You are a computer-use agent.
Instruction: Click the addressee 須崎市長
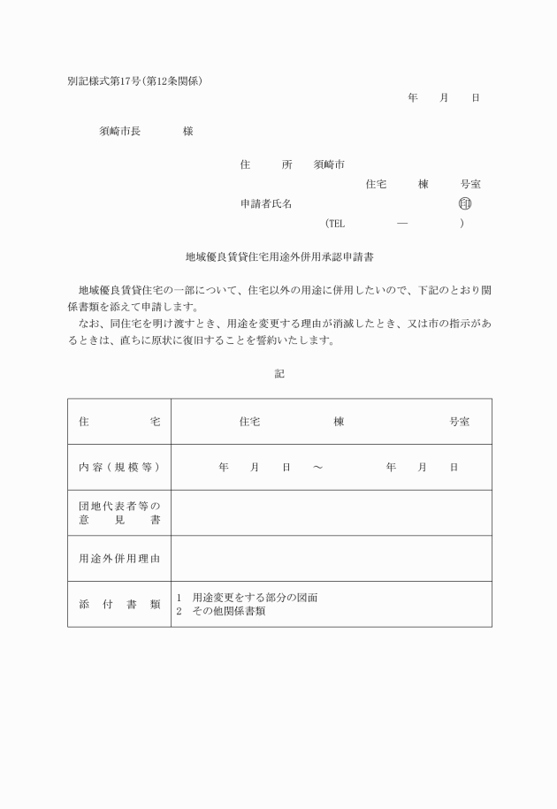[119, 131]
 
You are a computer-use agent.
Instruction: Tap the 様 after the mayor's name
[188, 131]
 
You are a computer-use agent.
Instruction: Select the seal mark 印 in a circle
[465, 203]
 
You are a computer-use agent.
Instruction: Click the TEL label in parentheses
[336, 224]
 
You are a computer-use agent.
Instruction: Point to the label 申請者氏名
[266, 203]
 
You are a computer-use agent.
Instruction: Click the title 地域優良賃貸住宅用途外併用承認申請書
[278, 257]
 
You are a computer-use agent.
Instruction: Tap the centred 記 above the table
[278, 374]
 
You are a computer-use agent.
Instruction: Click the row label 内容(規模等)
[119, 467]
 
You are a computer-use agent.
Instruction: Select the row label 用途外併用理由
[119, 558]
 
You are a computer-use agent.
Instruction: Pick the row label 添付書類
[119, 604]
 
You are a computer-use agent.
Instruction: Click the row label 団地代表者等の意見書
[119, 513]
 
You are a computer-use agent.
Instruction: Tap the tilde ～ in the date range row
[317, 467]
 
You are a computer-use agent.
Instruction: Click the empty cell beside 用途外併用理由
[332, 558]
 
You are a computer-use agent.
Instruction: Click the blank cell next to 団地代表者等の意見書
[332, 513]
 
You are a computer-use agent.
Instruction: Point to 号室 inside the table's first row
[460, 422]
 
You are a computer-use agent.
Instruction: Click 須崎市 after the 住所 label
[329, 164]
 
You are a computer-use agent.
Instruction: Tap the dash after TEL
[402, 224]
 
